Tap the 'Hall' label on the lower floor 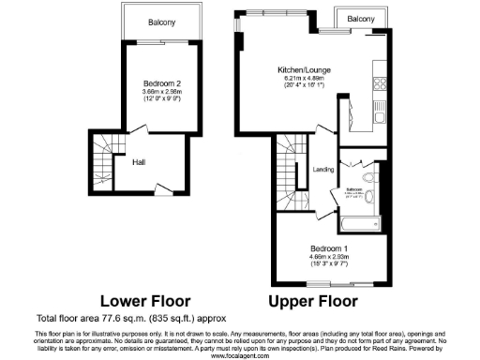pos(138,161)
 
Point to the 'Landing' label pos(324,169)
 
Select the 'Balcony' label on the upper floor pos(361,20)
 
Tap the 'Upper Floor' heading pos(314,302)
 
